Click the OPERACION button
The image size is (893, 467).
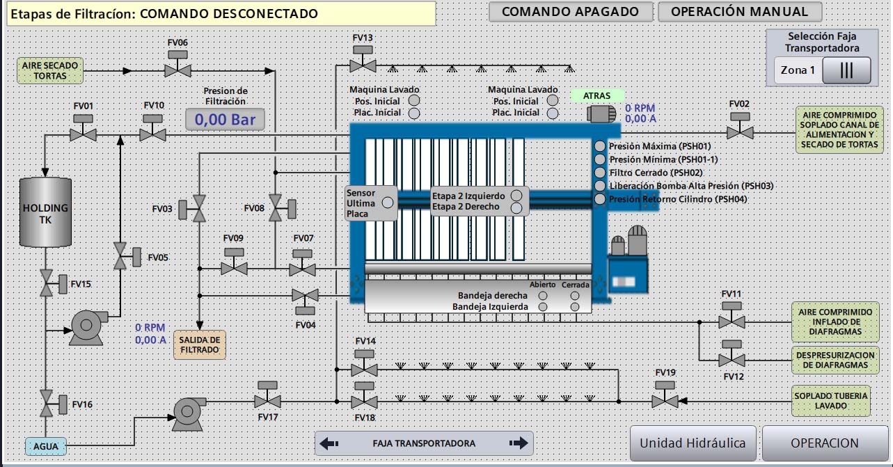(825, 443)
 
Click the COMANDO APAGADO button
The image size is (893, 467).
(570, 12)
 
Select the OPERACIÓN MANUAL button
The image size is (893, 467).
(739, 12)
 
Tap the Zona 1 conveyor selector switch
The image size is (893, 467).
(846, 70)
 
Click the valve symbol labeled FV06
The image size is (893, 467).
(178, 70)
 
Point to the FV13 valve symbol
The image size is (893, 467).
(362, 65)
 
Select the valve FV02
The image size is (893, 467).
(739, 132)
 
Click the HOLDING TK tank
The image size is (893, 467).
(45, 212)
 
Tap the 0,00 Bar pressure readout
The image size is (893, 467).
(225, 120)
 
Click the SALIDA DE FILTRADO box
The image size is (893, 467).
(200, 345)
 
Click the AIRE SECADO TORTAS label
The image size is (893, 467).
(50, 70)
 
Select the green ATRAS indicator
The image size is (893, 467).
(597, 95)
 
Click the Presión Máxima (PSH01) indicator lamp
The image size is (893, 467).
(600, 146)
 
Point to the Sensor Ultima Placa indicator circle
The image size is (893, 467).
(388, 203)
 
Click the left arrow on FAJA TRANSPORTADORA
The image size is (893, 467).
(330, 443)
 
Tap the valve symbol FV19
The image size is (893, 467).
(665, 401)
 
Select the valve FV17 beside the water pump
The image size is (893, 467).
(267, 401)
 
